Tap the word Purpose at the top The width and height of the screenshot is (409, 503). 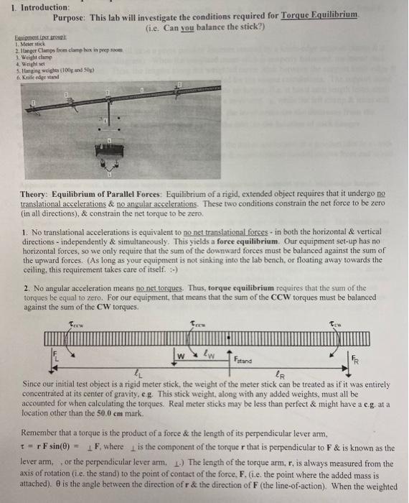point(70,16)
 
